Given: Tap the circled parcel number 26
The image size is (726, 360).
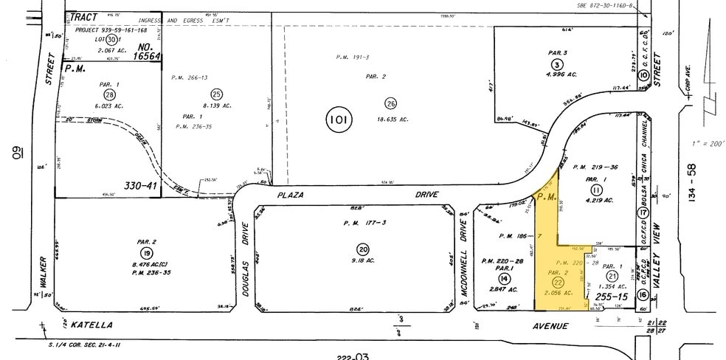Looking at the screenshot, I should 390,103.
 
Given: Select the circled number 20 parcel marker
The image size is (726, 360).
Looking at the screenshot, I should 362,249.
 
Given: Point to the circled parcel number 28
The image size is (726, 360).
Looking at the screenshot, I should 110,95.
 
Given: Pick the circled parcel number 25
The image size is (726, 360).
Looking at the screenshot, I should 216,94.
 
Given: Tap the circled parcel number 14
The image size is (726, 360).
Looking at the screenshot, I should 504,279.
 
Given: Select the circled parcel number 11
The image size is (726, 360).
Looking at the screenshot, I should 597,190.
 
